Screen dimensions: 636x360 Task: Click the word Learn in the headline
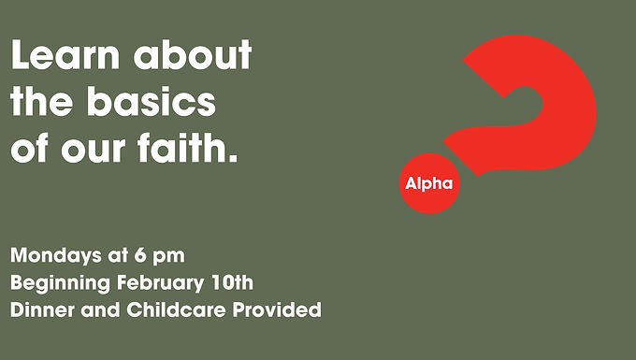point(65,55)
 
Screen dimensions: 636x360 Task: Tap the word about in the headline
point(193,55)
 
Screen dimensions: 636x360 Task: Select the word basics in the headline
point(151,101)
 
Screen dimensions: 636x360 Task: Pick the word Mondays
point(56,256)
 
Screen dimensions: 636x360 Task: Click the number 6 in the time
point(140,255)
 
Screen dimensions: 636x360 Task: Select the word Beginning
point(61,283)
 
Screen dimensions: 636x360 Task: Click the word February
point(161,283)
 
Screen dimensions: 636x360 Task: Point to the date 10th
point(232,282)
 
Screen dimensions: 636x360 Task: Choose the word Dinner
point(43,310)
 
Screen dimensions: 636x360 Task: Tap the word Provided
point(277,310)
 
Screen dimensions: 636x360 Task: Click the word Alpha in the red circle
point(429,184)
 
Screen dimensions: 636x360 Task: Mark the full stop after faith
point(233,159)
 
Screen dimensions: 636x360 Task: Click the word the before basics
point(42,101)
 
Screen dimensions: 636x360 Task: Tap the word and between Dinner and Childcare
point(100,310)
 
